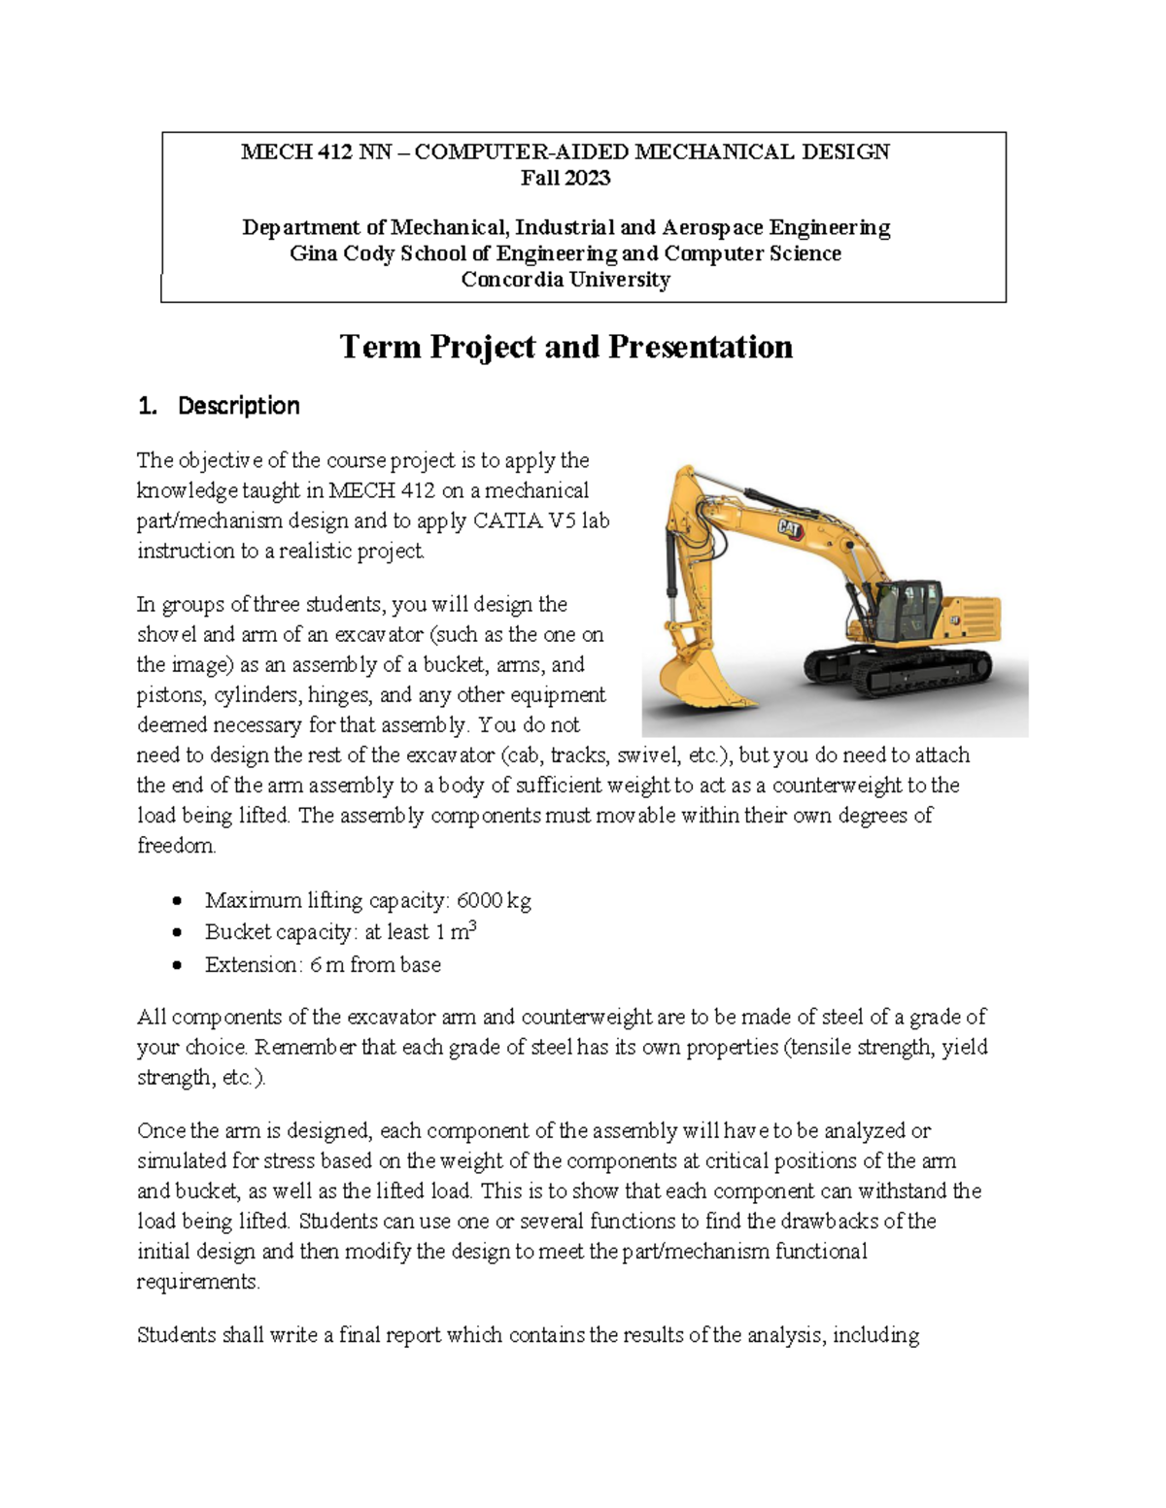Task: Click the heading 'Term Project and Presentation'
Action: [x=566, y=347]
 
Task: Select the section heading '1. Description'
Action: [x=219, y=406]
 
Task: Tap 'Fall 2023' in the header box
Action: [x=566, y=178]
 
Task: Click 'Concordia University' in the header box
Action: [x=566, y=280]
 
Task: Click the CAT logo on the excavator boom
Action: [x=789, y=527]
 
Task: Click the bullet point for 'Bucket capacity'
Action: [x=176, y=933]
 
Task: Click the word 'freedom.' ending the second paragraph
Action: [x=176, y=846]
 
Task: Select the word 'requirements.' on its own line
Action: [x=198, y=1282]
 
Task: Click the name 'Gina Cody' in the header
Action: [x=328, y=253]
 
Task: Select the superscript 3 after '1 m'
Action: [x=472, y=926]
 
